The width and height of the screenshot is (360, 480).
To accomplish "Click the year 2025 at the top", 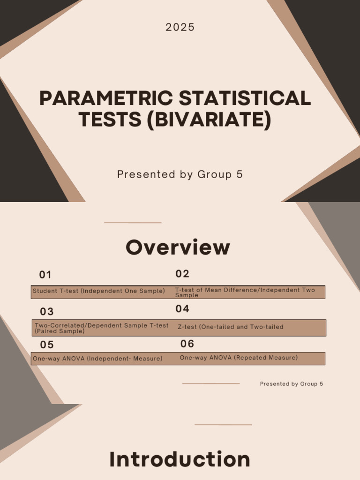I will point(180,28).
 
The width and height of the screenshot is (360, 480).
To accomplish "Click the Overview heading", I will point(178,247).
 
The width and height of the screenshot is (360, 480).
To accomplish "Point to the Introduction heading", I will point(180,459).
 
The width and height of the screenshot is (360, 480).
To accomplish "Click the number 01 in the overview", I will point(45,275).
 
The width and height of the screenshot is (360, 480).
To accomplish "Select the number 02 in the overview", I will point(182,274).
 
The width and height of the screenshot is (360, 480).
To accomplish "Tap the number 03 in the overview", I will point(47,312).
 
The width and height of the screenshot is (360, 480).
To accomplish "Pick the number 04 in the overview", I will point(182,309).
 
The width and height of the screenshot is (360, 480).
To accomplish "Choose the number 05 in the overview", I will point(47,345).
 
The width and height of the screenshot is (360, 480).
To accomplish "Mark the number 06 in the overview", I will point(187,344).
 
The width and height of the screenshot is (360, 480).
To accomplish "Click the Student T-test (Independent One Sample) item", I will point(99,291).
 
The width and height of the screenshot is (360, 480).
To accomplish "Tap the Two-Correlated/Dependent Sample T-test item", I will point(101,328).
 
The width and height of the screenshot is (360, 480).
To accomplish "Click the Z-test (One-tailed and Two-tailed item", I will point(231,327).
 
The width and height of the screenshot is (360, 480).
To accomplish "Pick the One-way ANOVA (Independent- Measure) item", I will point(97,359).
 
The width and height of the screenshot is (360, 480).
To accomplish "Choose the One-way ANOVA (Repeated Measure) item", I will point(239,358).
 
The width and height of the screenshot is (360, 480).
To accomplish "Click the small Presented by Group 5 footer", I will point(291,384).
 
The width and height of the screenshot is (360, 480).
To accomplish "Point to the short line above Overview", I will point(133,223).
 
